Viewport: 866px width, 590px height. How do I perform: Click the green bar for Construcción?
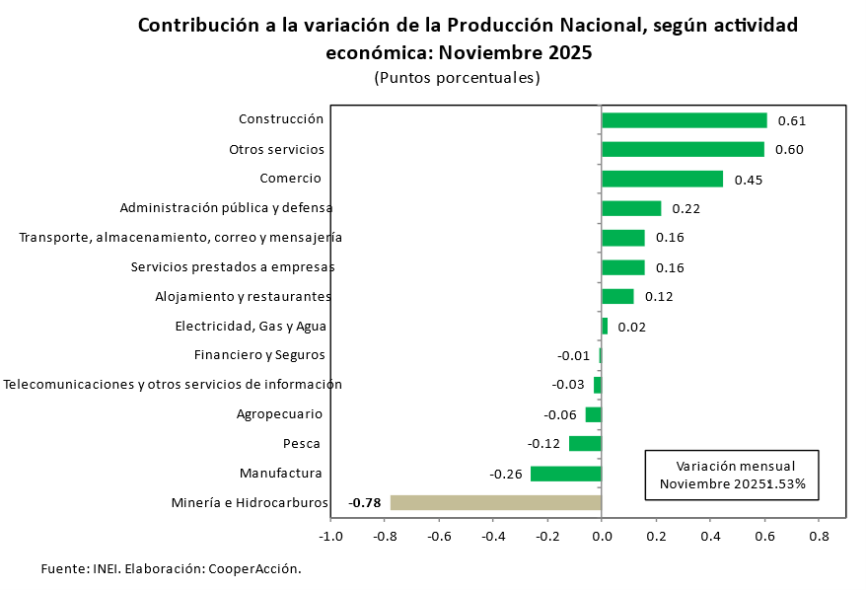(684, 120)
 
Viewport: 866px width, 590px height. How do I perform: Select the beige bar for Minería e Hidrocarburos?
(495, 503)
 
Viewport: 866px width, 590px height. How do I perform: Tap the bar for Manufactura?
(565, 474)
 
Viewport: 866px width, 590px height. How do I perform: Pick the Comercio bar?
(662, 179)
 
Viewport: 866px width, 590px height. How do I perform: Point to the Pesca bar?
(585, 444)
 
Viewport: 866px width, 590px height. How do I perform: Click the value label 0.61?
(792, 121)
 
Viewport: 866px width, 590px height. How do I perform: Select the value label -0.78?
(365, 503)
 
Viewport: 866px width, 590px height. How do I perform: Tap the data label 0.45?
(749, 180)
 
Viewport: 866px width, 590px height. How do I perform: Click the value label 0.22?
(686, 209)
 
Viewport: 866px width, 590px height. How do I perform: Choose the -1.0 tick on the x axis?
(330, 537)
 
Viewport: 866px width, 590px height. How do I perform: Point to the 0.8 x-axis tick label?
(819, 537)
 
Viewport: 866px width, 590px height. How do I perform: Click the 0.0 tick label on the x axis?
(602, 537)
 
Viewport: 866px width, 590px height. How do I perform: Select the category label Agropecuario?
(279, 414)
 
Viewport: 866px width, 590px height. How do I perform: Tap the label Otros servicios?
(276, 150)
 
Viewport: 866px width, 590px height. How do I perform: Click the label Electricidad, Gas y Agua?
(251, 327)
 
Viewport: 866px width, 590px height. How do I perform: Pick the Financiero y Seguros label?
(259, 355)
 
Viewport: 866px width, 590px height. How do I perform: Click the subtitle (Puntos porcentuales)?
(457, 78)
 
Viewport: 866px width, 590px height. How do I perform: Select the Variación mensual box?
(732, 475)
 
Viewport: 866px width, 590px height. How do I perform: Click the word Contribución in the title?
(195, 26)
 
